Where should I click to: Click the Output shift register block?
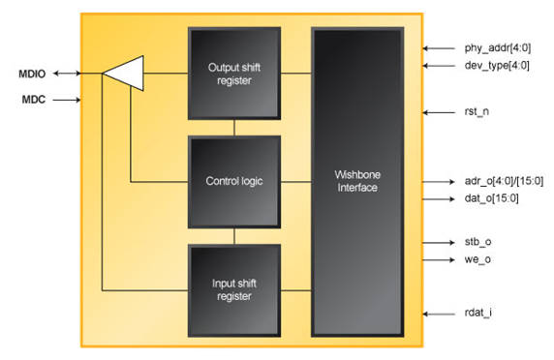[x=233, y=72]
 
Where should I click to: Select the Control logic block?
[x=233, y=181]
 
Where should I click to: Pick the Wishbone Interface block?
[x=356, y=181]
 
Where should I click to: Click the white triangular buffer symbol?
[x=126, y=73]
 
